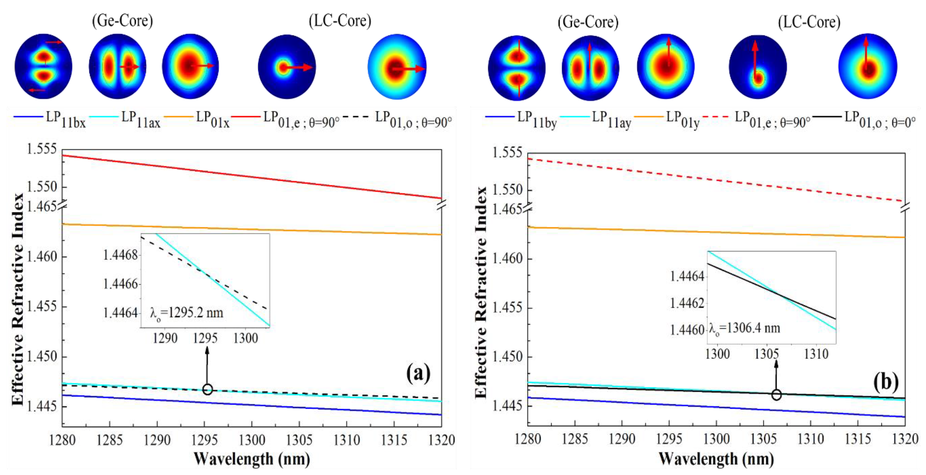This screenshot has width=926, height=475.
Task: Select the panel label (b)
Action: tap(886, 382)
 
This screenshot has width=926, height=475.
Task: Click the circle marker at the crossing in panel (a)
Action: tap(207, 389)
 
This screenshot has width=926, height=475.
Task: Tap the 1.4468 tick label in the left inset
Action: tap(120, 255)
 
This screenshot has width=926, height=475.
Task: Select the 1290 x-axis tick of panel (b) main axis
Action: tap(622, 439)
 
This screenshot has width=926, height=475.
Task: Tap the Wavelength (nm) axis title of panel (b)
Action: tap(716, 459)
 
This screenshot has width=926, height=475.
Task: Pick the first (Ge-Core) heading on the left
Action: tap(123, 21)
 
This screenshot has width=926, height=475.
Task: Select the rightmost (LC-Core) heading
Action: tap(809, 22)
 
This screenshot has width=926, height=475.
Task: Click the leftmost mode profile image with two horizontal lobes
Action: tap(43, 66)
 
